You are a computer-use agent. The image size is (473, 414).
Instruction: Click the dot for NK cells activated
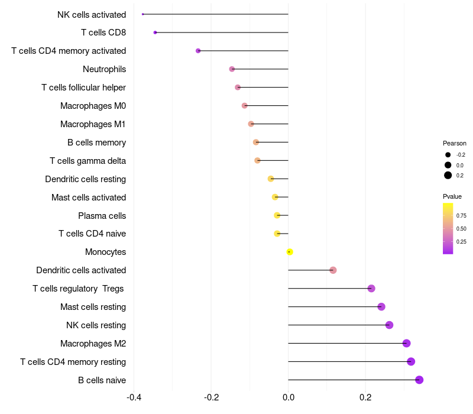tap(143, 14)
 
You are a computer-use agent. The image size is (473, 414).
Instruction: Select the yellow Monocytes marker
tap(290, 252)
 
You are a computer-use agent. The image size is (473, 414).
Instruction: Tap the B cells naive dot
tap(419, 380)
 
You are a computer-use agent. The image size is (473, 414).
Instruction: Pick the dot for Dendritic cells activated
tap(333, 270)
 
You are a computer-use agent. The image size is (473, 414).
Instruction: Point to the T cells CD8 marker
tap(155, 33)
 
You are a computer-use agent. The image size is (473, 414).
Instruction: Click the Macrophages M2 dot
tap(406, 343)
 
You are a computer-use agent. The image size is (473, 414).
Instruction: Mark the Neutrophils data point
tap(232, 69)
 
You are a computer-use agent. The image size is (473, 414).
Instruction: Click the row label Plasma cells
tap(102, 216)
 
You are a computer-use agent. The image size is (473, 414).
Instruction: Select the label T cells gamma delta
tap(88, 161)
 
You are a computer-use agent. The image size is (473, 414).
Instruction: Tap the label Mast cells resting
tap(93, 307)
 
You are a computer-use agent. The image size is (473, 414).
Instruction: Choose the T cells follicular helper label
tap(83, 88)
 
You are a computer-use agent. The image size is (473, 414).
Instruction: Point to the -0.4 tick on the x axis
tap(134, 397)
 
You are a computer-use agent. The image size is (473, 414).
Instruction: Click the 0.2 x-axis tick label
tap(365, 397)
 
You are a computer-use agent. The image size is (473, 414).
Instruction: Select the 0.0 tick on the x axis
tap(289, 397)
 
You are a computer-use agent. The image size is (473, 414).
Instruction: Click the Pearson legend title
tap(454, 143)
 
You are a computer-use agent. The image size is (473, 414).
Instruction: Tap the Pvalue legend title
tap(452, 196)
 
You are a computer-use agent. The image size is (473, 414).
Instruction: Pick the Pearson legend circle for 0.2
tap(448, 175)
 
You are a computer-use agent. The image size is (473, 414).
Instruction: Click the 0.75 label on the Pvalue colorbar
tap(461, 216)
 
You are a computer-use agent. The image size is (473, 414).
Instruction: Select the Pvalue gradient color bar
tap(448, 229)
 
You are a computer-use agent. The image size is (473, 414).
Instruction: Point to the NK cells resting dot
tap(389, 325)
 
